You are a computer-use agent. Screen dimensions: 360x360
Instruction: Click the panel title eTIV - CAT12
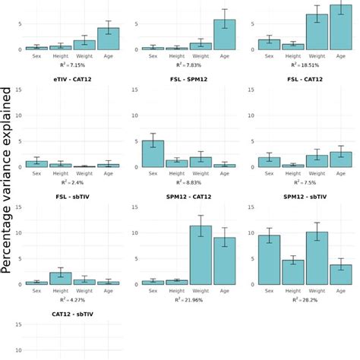tap(72, 78)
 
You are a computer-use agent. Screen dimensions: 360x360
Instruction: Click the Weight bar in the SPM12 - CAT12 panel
tap(201, 255)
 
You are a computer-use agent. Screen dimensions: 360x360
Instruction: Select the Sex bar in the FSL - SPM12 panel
tap(153, 154)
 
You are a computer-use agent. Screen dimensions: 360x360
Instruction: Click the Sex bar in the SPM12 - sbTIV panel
tap(269, 260)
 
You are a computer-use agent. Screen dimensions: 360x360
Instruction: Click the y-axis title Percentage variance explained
tap(8, 180)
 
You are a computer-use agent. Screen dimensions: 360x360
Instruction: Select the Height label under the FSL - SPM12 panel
tap(176, 174)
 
